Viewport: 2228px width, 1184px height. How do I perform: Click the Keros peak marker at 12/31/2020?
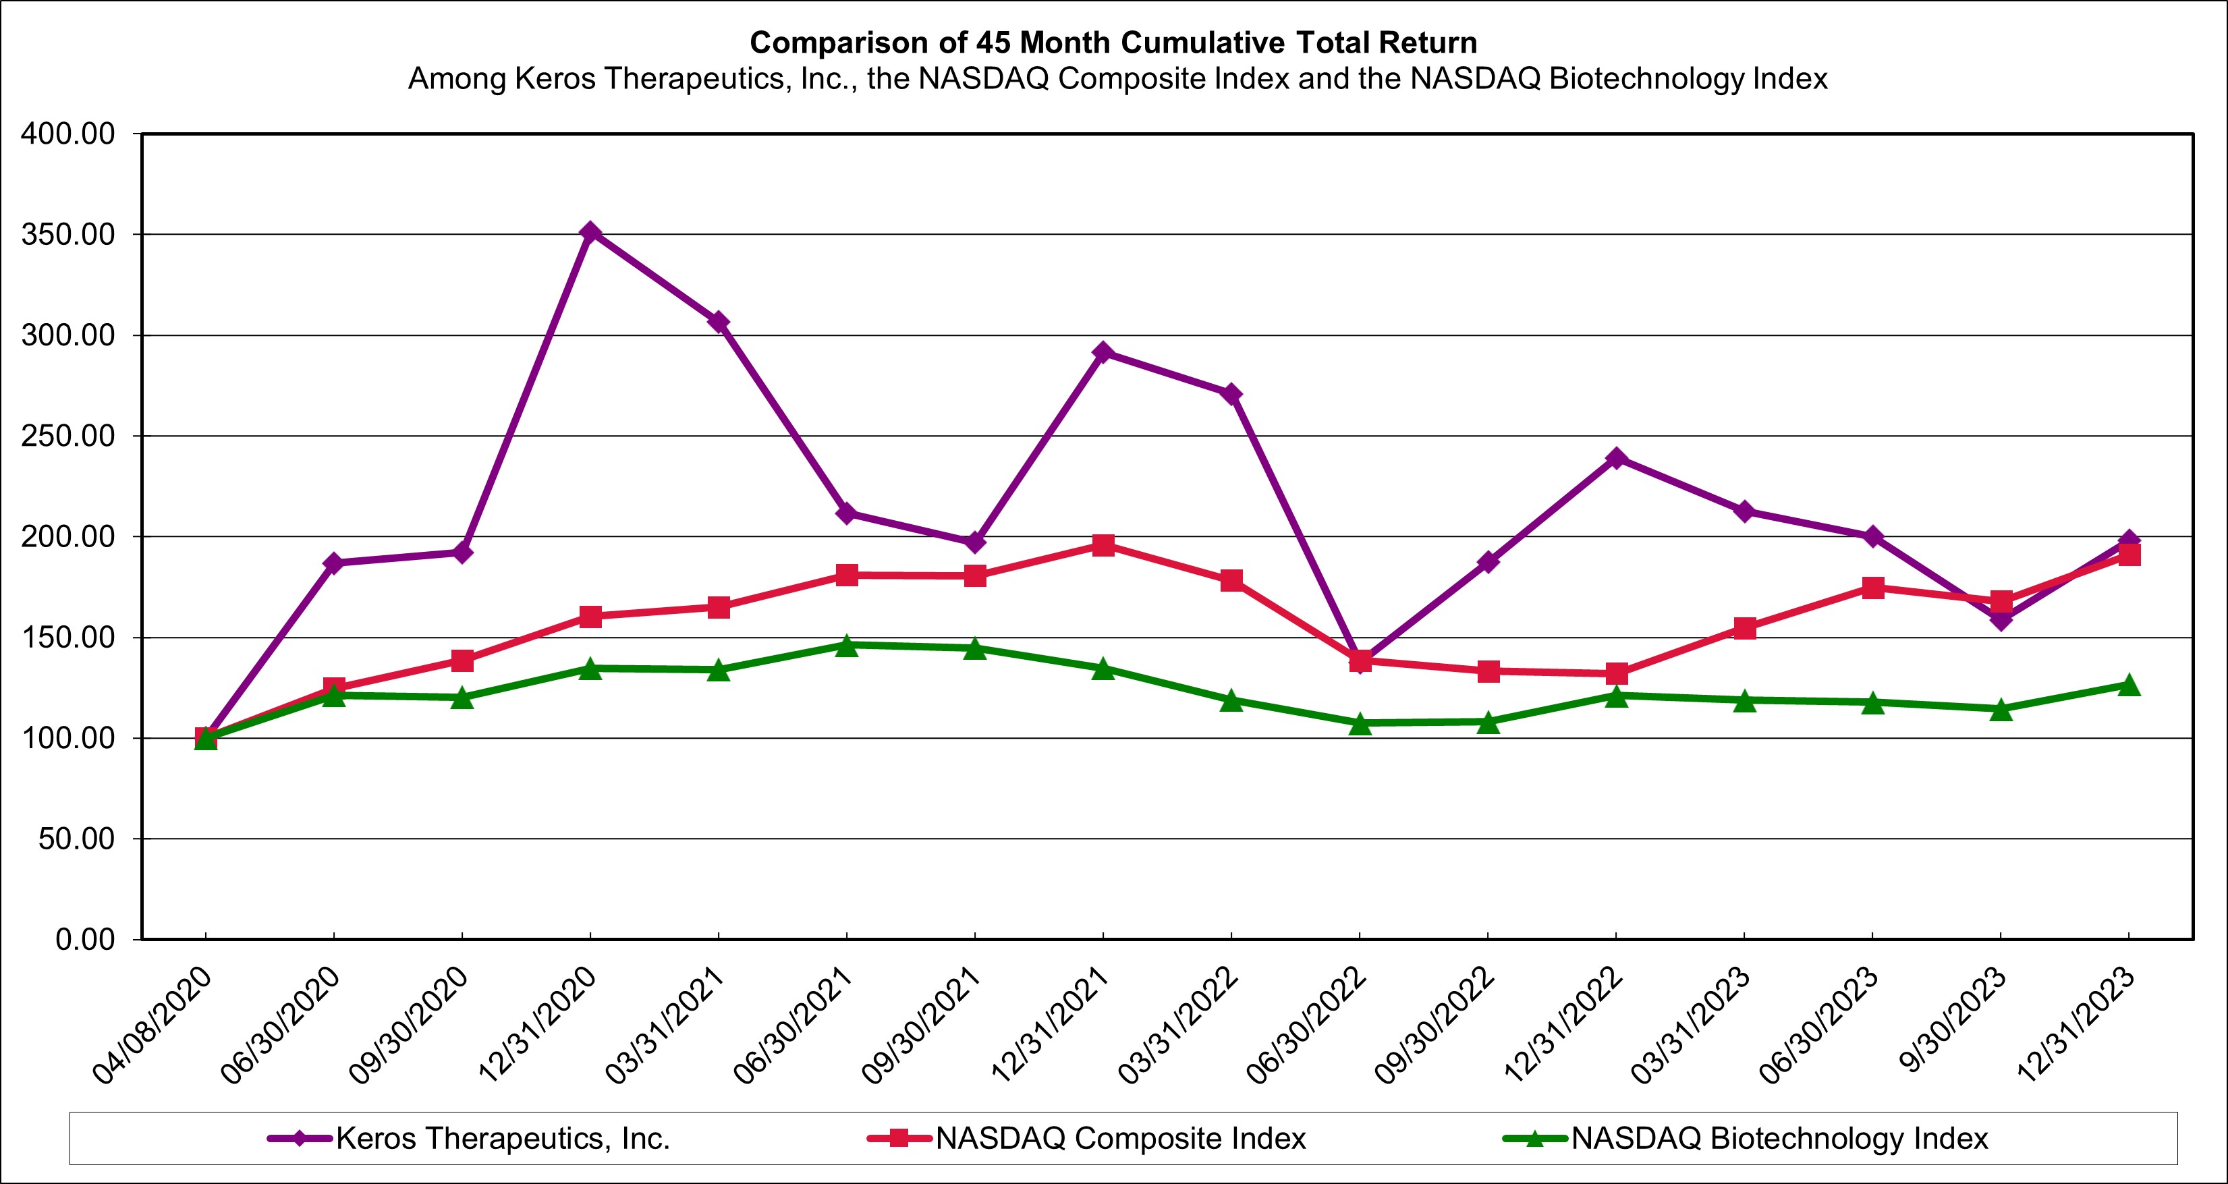(x=590, y=233)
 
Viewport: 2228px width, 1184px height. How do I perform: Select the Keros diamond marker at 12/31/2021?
(x=1103, y=352)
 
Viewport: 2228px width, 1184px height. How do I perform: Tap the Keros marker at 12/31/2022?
(x=1615, y=458)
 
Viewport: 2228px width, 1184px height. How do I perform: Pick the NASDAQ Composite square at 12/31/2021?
(x=1103, y=545)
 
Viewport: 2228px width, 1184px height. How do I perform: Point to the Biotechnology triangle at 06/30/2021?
(x=847, y=645)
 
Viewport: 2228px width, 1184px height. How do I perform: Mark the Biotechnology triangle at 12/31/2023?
(x=2129, y=685)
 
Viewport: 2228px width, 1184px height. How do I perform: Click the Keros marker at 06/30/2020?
(x=334, y=563)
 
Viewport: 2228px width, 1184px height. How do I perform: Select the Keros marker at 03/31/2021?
(x=718, y=322)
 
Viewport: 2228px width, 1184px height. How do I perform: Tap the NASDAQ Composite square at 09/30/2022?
(x=1488, y=671)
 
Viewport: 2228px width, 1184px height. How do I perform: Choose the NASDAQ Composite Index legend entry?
(x=1120, y=1138)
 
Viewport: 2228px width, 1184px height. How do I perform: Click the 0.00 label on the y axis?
(x=85, y=939)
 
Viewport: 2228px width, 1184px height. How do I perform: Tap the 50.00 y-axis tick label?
(x=76, y=839)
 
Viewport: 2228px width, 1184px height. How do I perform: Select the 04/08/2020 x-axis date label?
(x=153, y=1025)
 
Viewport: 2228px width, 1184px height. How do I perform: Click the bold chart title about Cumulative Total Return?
(x=1113, y=43)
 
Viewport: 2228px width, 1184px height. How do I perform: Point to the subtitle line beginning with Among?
(x=1117, y=79)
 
